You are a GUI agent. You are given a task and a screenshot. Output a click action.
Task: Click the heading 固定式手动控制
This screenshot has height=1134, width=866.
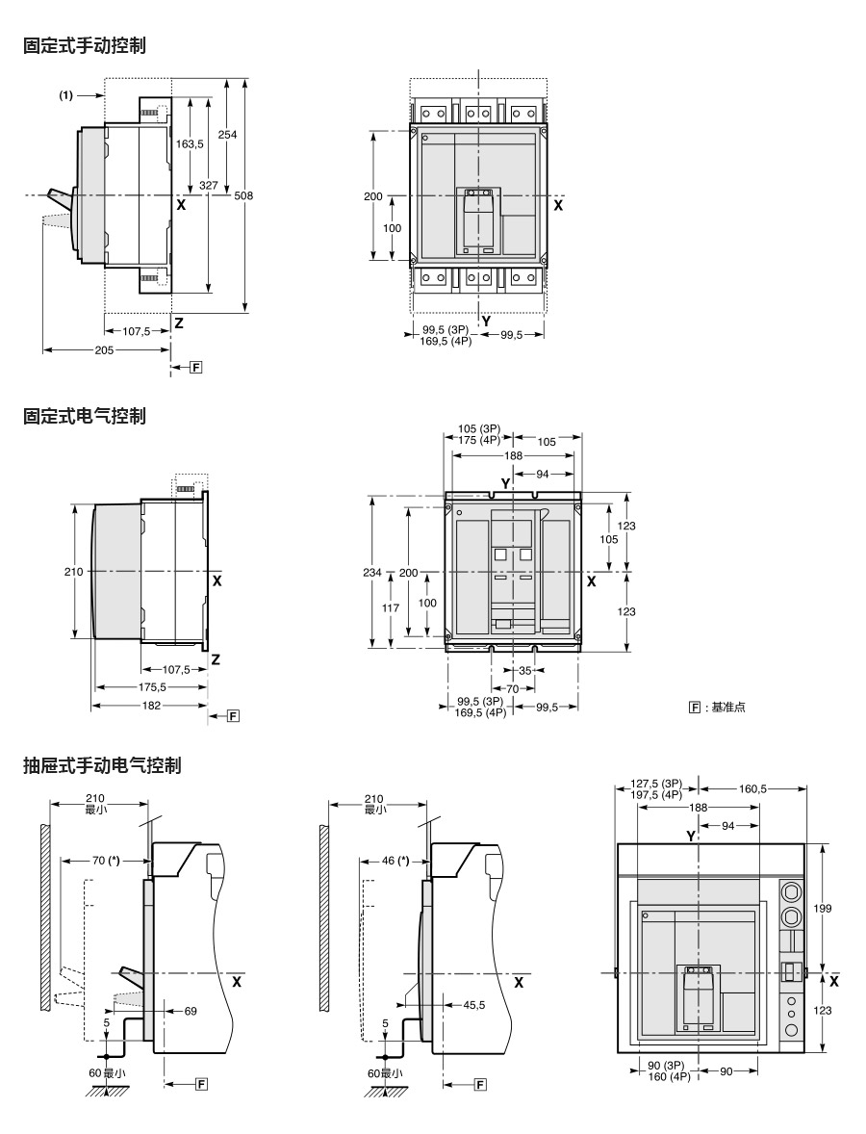[x=85, y=45]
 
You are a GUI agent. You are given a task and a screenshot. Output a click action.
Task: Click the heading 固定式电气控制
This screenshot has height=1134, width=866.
[x=85, y=416]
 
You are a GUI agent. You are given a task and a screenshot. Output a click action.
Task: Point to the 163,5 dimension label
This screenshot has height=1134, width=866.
[x=190, y=144]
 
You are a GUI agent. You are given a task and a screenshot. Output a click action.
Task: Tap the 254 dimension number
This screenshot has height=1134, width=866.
[x=227, y=135]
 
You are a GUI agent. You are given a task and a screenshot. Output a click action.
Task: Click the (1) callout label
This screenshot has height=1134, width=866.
[x=66, y=95]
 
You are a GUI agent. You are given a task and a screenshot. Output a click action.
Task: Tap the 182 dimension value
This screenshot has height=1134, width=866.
[x=151, y=706]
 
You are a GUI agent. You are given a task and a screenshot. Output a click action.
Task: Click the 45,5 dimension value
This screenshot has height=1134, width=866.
[x=473, y=1005]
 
